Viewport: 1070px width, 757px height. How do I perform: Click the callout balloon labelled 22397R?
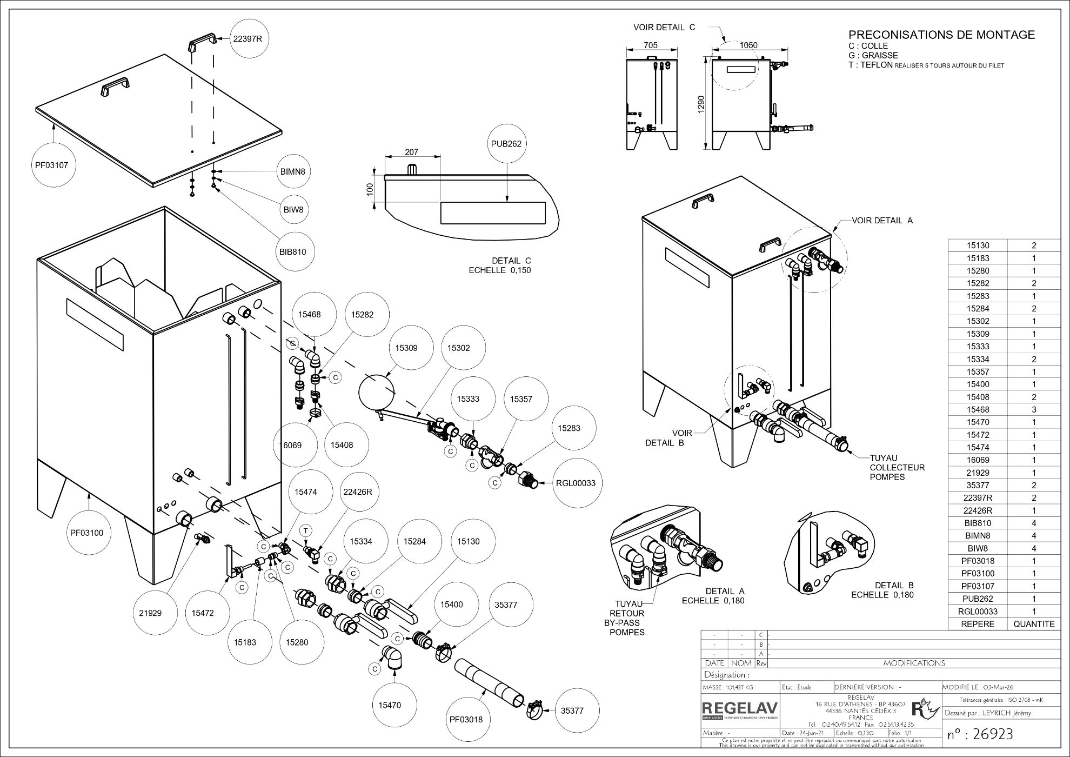(249, 38)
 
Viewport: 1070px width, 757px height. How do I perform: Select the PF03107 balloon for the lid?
(52, 165)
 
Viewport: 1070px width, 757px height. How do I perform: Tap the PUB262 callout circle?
(507, 144)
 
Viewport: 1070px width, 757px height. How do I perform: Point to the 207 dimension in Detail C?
(412, 152)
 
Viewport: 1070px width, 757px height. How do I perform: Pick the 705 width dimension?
(651, 45)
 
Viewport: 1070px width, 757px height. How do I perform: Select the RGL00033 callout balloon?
(576, 483)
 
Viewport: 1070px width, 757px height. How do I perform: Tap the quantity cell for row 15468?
(1034, 409)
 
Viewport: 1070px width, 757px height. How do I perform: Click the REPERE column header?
(978, 624)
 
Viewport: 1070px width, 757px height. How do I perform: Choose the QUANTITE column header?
(1034, 624)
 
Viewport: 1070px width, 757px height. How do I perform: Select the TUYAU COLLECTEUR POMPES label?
(897, 467)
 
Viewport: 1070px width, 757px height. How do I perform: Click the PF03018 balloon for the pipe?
(466, 719)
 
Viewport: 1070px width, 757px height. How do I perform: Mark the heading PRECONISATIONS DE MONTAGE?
(941, 35)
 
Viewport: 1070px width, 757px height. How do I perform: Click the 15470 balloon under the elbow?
(390, 705)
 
